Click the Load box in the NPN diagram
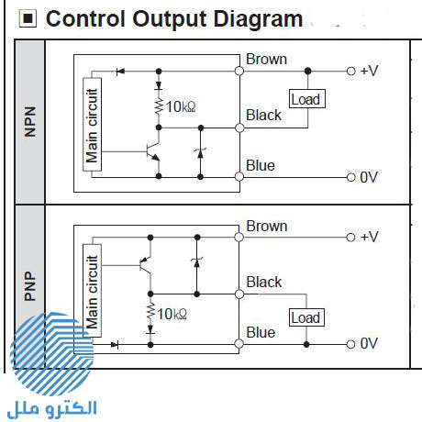(307, 99)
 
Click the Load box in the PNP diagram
(306, 317)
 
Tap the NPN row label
(30, 122)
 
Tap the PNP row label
(30, 286)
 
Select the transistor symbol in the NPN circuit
(152, 151)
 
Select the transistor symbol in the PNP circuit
(145, 265)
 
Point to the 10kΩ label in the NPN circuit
(181, 106)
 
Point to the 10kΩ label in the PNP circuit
(172, 314)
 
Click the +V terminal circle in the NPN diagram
(351, 72)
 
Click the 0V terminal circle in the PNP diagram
(350, 344)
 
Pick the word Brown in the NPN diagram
(267, 59)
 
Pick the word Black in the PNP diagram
(264, 282)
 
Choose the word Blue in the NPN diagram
(261, 165)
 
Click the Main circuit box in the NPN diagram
(92, 125)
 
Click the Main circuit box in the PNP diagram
(92, 291)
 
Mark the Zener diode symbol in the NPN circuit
(200, 152)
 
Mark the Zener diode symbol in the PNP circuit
(197, 262)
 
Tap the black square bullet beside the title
(28, 18)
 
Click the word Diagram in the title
(258, 19)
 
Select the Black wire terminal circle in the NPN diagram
(239, 128)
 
